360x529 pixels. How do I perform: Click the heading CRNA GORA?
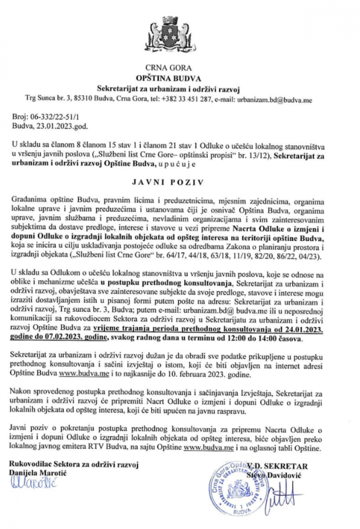[168, 68]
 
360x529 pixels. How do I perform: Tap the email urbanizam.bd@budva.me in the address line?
[274, 100]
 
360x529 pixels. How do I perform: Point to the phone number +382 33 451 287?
[186, 100]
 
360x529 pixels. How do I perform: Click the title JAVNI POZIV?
[168, 183]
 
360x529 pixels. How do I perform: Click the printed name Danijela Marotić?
[38, 473]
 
